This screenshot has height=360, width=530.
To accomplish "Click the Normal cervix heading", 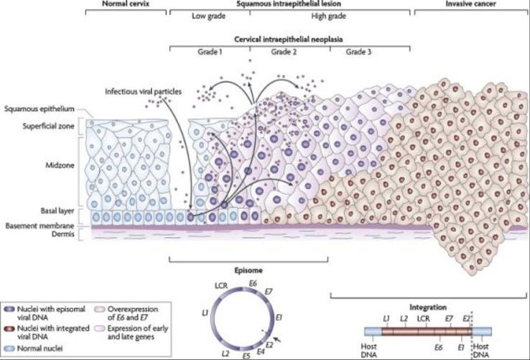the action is point(126,4).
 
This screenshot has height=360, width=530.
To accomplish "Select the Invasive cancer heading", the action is point(470,4).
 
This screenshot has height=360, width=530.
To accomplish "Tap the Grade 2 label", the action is point(284,52).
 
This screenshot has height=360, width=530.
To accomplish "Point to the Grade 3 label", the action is point(358,52).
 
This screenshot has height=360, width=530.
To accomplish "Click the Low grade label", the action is point(208,16).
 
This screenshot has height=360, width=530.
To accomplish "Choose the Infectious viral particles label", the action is point(143,92).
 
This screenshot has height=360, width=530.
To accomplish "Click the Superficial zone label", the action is point(48,126).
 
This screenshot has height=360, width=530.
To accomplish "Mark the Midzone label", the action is point(60,165).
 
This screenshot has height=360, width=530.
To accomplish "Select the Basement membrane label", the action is point(39,226).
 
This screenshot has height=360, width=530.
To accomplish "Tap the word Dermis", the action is point(63,234).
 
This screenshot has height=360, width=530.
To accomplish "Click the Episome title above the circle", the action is point(248,270).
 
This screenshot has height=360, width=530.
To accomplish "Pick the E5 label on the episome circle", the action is point(246,355).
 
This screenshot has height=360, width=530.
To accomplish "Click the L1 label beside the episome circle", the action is point(204,313).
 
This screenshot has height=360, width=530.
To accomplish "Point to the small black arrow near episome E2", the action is point(276,339).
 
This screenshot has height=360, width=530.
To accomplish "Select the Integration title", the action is point(428,308).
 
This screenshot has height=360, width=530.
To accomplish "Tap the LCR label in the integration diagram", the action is point(423,319).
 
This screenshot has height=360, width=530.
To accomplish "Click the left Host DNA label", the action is point(368,351).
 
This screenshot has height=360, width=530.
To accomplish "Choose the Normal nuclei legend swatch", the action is point(9,349).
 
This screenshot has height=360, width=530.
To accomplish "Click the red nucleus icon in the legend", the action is point(9,328).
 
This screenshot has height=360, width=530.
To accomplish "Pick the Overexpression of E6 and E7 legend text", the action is point(133,313).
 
